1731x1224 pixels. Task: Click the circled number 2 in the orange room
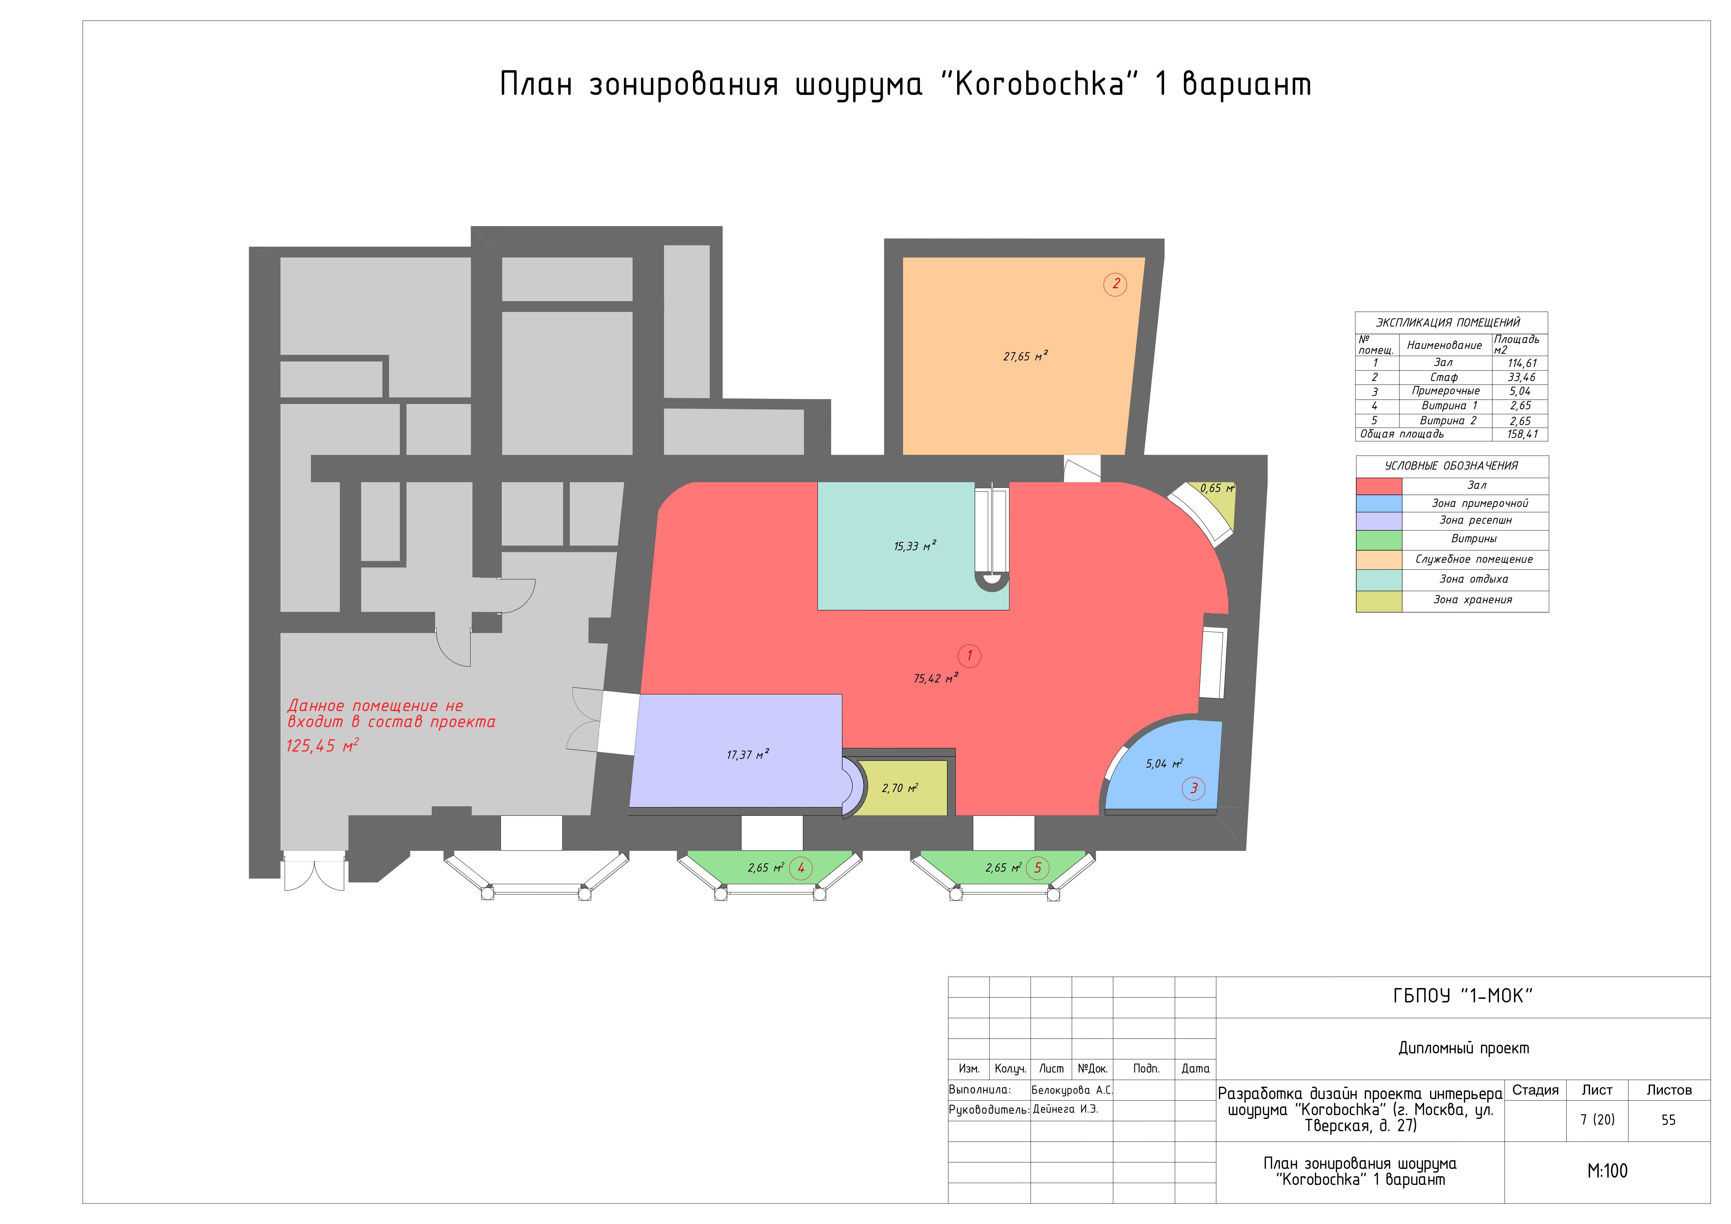[1115, 284]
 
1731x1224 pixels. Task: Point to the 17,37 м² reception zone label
[747, 754]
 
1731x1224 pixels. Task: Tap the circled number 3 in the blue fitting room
[1193, 788]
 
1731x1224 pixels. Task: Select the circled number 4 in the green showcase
[801, 868]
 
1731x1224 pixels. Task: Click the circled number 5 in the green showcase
[1037, 868]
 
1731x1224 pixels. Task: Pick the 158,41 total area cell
[1521, 434]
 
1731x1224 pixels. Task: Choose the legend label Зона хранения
[1472, 600]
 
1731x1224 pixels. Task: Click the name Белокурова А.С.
[1071, 1090]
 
